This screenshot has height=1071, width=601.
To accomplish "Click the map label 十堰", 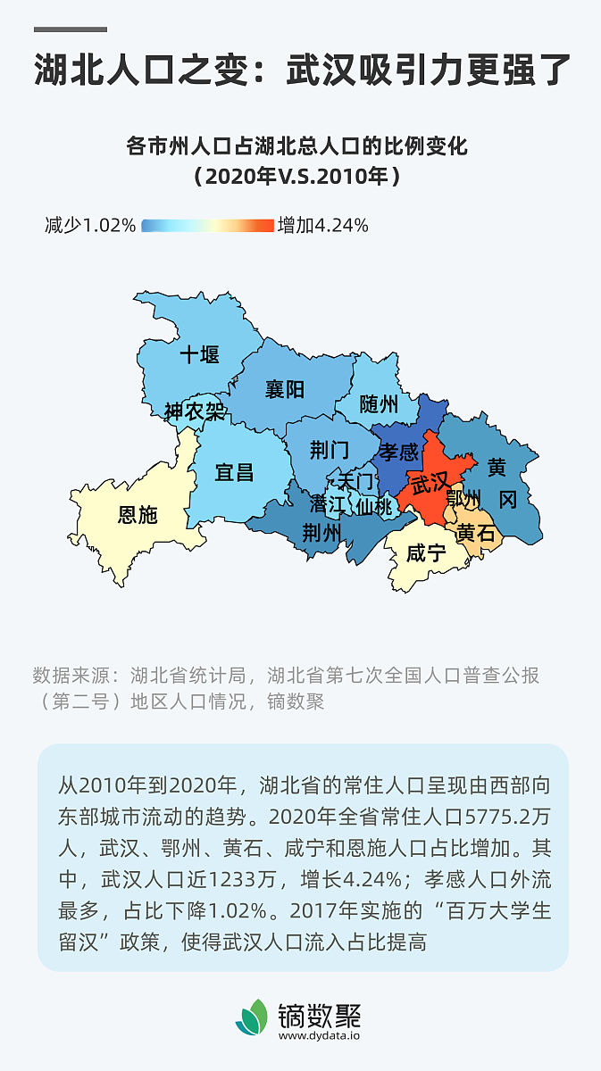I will tap(199, 355).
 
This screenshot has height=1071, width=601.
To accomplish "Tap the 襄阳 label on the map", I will tap(285, 389).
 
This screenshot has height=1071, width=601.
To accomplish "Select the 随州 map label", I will tap(379, 405).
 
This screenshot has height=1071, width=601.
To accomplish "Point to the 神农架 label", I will tap(195, 411).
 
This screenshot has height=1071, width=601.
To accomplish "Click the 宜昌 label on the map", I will tap(234, 472).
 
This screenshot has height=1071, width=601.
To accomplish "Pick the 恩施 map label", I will tap(138, 515).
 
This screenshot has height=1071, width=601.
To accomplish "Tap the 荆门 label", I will tap(330, 450).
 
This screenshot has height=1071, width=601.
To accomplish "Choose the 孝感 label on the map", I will tap(398, 452).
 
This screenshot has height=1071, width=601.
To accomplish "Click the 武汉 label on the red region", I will tap(430, 483).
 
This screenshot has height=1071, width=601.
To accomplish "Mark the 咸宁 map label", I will tap(426, 553).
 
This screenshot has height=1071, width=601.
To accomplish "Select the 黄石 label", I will tap(475, 534).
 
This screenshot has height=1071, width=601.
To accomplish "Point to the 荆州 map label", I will tap(321, 533).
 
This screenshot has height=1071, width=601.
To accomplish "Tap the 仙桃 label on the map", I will tap(374, 506).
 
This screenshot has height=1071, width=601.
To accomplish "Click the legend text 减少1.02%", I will tap(90, 226).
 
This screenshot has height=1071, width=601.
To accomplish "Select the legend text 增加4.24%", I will tap(323, 226).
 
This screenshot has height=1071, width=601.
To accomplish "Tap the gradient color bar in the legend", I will tap(207, 226).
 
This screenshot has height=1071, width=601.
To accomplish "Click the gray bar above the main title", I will tap(71, 29).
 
